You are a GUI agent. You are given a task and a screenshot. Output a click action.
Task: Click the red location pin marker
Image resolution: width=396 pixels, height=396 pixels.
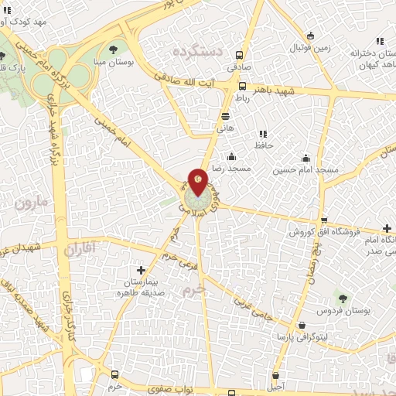[198, 181]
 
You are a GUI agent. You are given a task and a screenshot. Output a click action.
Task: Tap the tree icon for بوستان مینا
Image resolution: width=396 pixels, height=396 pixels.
[115, 52]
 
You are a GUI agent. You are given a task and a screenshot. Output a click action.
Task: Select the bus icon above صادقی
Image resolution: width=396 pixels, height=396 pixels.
[241, 55]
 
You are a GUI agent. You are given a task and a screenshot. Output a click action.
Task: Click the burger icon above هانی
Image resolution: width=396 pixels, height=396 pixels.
[225, 116]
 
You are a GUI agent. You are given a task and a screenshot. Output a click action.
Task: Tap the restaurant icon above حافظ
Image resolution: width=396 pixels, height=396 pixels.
[263, 133]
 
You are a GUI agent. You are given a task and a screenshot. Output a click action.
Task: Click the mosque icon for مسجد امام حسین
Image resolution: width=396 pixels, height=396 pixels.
[306, 157]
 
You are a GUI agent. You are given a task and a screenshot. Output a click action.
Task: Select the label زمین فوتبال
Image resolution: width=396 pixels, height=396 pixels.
[310, 47]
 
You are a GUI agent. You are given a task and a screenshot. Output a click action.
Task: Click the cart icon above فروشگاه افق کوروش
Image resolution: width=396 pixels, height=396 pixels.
[323, 220]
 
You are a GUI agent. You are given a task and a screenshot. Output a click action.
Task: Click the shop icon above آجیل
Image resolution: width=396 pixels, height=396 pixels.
[277, 373]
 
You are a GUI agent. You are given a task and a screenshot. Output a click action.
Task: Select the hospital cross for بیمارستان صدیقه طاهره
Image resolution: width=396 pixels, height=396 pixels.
[140, 271]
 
